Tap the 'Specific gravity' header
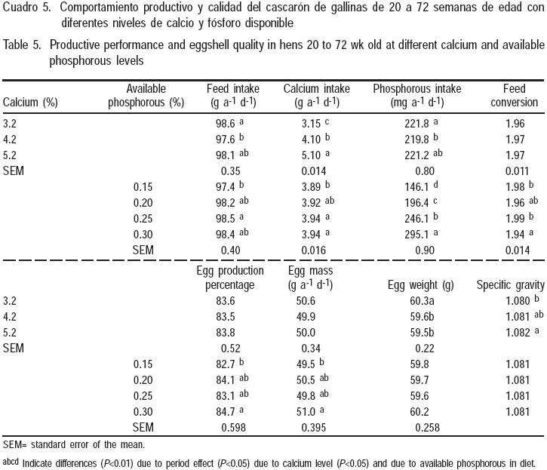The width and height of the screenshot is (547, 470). [x=510, y=285]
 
